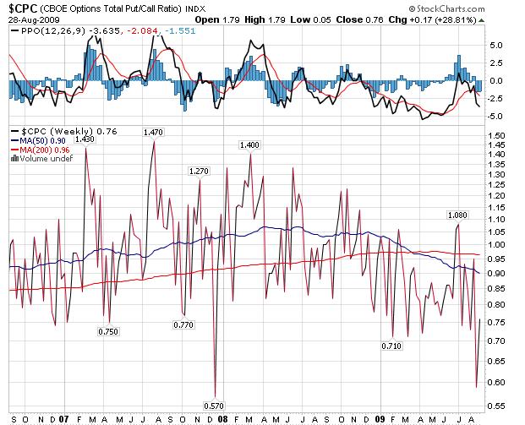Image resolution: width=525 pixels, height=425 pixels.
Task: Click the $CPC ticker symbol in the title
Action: pos(23,8)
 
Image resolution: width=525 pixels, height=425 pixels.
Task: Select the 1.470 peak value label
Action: pos(154,132)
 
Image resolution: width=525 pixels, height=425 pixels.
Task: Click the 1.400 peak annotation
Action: pos(249,145)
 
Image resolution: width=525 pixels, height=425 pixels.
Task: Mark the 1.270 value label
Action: pos(198,171)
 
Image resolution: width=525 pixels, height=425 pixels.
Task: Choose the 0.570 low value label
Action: pos(215,405)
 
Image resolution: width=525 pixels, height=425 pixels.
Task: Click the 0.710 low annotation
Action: pos(391,346)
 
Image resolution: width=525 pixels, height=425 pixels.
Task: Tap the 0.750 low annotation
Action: pos(108,331)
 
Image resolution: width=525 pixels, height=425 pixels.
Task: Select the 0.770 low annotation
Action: pos(183,324)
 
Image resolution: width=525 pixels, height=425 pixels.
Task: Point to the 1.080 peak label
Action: pos(457,215)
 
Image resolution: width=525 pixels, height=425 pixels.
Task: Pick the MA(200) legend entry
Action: pos(39,150)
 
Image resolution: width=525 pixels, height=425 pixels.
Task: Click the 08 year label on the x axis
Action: pos(222,418)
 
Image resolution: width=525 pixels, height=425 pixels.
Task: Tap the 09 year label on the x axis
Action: pos(380,418)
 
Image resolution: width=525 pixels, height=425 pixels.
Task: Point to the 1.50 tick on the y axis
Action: pos(497,135)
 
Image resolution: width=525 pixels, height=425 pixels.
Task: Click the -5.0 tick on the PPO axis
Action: pos(497,116)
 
